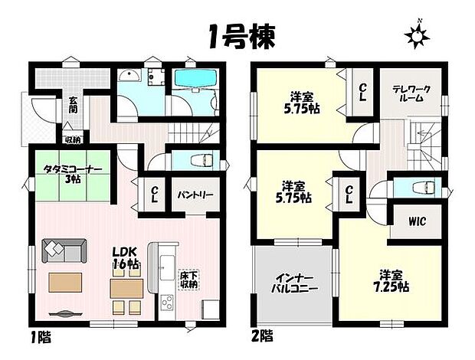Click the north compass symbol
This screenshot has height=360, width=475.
click(x=418, y=34)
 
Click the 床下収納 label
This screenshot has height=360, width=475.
click(x=188, y=279)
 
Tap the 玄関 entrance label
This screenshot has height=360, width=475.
click(x=73, y=104)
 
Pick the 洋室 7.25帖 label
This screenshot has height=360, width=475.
click(x=391, y=280)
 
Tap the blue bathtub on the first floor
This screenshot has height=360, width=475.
click(x=195, y=78)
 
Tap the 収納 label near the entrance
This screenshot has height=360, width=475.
click(x=73, y=139)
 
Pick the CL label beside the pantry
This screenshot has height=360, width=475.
click(x=154, y=193)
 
